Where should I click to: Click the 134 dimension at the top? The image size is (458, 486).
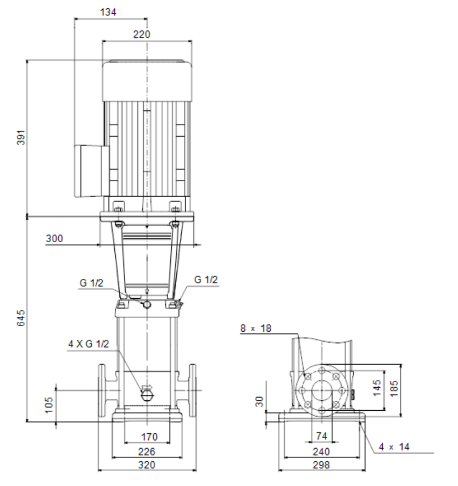[x=108, y=12]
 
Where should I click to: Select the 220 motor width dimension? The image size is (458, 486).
[x=142, y=34]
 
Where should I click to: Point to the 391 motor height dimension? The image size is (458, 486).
[x=21, y=137]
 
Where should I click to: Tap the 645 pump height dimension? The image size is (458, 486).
[x=21, y=318]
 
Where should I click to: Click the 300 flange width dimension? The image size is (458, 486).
[x=54, y=238]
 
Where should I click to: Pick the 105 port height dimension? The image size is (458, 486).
[x=49, y=405]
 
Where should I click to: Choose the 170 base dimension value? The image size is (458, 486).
[x=149, y=437]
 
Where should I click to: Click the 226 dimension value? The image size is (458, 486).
[x=147, y=451]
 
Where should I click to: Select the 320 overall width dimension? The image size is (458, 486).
[x=147, y=465]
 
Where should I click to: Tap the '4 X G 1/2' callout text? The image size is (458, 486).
[x=88, y=344]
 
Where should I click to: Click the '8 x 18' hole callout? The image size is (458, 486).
[x=256, y=328]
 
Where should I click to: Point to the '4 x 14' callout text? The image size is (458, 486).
[x=394, y=446]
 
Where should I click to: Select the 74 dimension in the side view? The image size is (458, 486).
[x=322, y=436]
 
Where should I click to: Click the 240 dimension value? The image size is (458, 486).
[x=321, y=451]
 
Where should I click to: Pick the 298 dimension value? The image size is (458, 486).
[x=321, y=465]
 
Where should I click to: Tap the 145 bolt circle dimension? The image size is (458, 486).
[x=377, y=388]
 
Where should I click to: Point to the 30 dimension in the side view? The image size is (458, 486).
[x=260, y=401]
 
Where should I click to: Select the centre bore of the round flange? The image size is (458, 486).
[x=322, y=391]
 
